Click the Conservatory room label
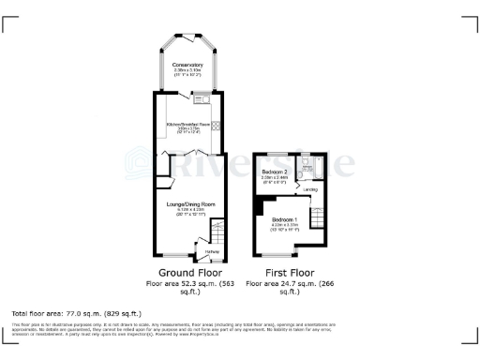pyautogui.click(x=189, y=64)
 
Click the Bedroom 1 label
pyautogui.click(x=284, y=218)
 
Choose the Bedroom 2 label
pyautogui.click(x=274, y=172)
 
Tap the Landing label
pyautogui.click(x=311, y=189)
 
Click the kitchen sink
pyautogui.click(x=200, y=96)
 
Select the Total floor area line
pyautogui.click(x=76, y=312)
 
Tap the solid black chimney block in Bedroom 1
pyautogui.click(x=256, y=205)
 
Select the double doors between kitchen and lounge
pyautogui.click(x=189, y=153)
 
